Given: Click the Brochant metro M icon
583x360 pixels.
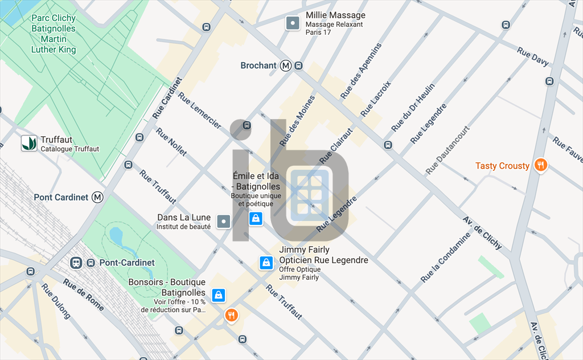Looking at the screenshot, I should pyautogui.click(x=286, y=66).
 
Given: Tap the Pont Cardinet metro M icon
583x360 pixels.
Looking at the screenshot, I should pyautogui.click(x=98, y=197).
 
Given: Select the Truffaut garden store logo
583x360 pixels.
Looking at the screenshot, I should pyautogui.click(x=29, y=143).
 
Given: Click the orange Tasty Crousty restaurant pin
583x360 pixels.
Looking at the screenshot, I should pyautogui.click(x=541, y=165).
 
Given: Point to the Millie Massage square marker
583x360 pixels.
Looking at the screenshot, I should pyautogui.click(x=292, y=23).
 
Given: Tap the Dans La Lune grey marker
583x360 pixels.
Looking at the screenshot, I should pyautogui.click(x=223, y=222).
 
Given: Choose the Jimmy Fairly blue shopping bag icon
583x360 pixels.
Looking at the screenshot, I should pyautogui.click(x=266, y=263).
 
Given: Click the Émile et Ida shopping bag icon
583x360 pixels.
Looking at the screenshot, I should pyautogui.click(x=256, y=218).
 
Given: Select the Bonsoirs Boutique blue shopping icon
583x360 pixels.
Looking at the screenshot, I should pyautogui.click(x=219, y=295).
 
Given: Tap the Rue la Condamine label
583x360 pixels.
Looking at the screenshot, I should pyautogui.click(x=446, y=257).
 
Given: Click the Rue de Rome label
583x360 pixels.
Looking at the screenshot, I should pyautogui.click(x=83, y=294).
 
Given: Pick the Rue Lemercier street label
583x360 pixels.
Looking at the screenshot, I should pyautogui.click(x=199, y=110).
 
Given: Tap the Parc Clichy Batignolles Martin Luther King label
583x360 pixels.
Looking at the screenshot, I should pyautogui.click(x=54, y=34).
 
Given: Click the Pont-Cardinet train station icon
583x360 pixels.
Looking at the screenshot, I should pyautogui.click(x=75, y=263).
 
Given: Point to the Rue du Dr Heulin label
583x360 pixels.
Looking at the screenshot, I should pyautogui.click(x=413, y=107).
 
